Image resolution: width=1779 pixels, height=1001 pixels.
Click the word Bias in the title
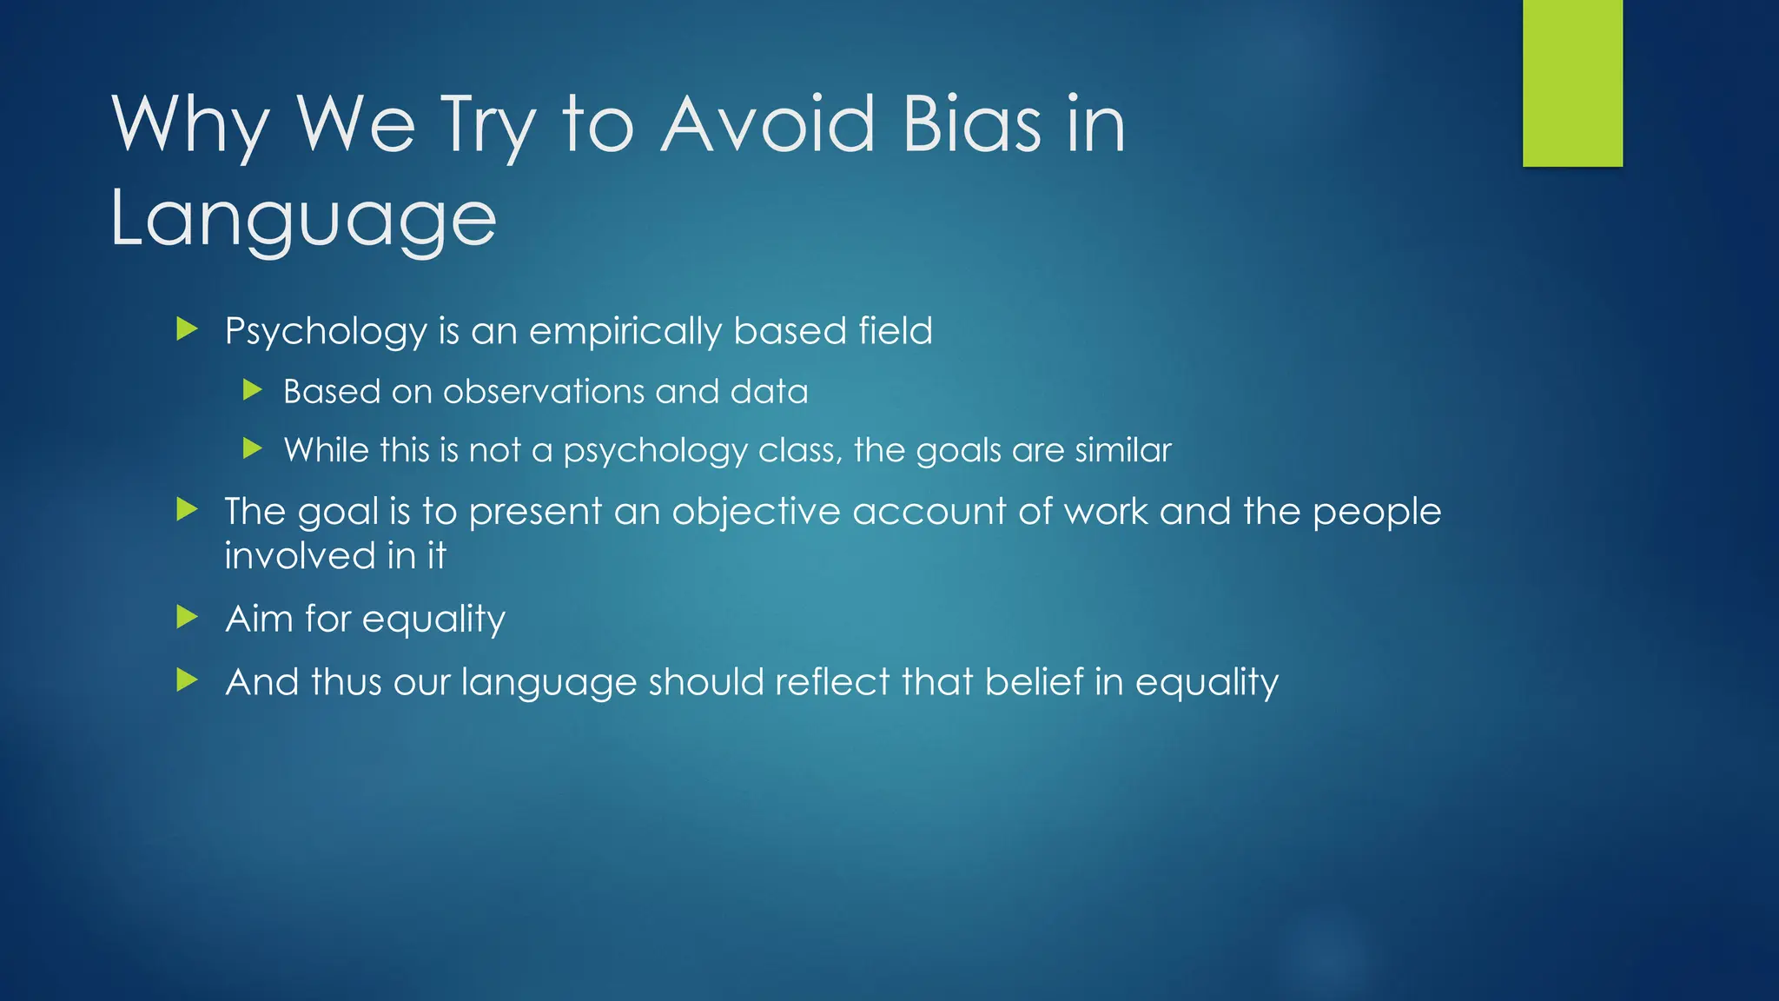click(971, 125)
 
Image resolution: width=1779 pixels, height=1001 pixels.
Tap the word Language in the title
click(303, 219)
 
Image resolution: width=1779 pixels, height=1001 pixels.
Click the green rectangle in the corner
click(1572, 83)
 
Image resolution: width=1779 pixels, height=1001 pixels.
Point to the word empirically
click(625, 332)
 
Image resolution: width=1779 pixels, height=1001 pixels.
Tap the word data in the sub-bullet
click(769, 392)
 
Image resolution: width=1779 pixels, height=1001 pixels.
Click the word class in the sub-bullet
click(799, 450)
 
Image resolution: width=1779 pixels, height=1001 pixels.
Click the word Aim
click(259, 619)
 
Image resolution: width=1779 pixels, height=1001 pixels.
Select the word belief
click(1034, 682)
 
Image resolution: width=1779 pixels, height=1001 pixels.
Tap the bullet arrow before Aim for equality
click(187, 618)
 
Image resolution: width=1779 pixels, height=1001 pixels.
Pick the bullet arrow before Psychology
click(187, 329)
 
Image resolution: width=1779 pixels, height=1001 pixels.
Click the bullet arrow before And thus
click(187, 680)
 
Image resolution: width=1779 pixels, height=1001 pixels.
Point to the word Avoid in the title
click(768, 125)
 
